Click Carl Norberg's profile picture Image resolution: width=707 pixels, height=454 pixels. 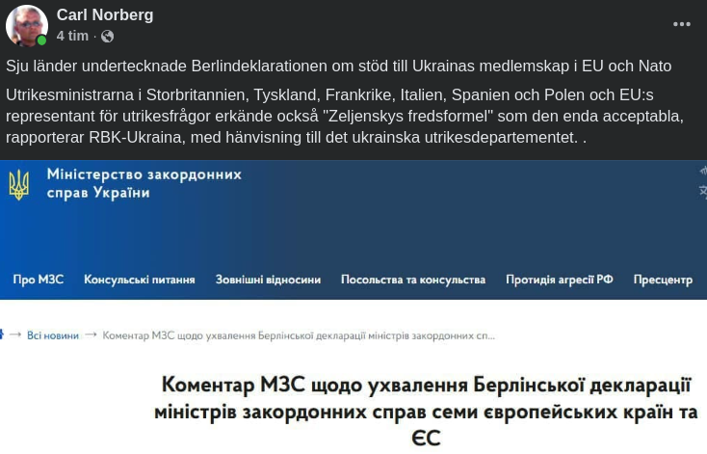26,25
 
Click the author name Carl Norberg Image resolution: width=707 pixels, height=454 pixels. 105,14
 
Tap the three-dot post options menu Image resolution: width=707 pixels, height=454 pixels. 682,25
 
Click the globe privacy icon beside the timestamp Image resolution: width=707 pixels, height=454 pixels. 107,37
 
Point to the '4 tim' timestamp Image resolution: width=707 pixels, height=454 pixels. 72,37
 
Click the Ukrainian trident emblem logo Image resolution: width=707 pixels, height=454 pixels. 18,183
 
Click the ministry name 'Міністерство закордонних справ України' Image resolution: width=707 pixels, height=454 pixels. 144,183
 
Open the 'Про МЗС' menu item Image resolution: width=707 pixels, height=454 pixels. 39,280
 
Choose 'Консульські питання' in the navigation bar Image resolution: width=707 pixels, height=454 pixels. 140,280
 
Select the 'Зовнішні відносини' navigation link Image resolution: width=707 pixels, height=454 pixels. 268,280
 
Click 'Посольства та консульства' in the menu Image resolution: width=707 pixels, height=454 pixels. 413,280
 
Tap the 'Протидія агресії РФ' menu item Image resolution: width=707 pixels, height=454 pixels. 560,280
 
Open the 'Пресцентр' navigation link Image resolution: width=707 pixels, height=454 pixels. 663,280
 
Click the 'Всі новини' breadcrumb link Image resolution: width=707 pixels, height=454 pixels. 53,335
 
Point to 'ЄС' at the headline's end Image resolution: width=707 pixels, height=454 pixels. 426,439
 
